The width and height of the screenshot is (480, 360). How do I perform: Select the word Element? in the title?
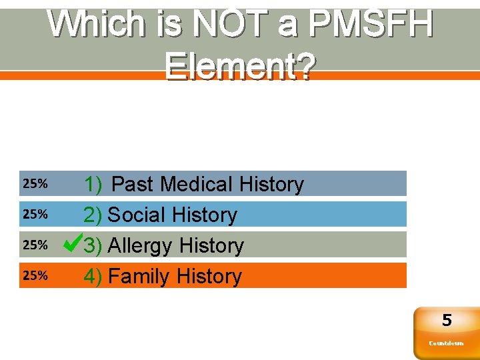pyautogui.click(x=239, y=67)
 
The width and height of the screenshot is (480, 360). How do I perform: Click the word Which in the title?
pyautogui.click(x=96, y=25)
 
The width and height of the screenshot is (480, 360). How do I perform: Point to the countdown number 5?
pyautogui.click(x=447, y=321)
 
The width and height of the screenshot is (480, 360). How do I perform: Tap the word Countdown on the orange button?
pyautogui.click(x=446, y=343)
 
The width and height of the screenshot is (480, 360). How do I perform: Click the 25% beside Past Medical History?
pyautogui.click(x=35, y=183)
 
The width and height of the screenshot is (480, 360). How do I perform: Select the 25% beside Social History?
pyautogui.click(x=35, y=214)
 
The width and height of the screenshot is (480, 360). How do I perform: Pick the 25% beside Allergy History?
pyautogui.click(x=35, y=245)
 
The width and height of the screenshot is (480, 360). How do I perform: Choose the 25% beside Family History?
pyautogui.click(x=35, y=275)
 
